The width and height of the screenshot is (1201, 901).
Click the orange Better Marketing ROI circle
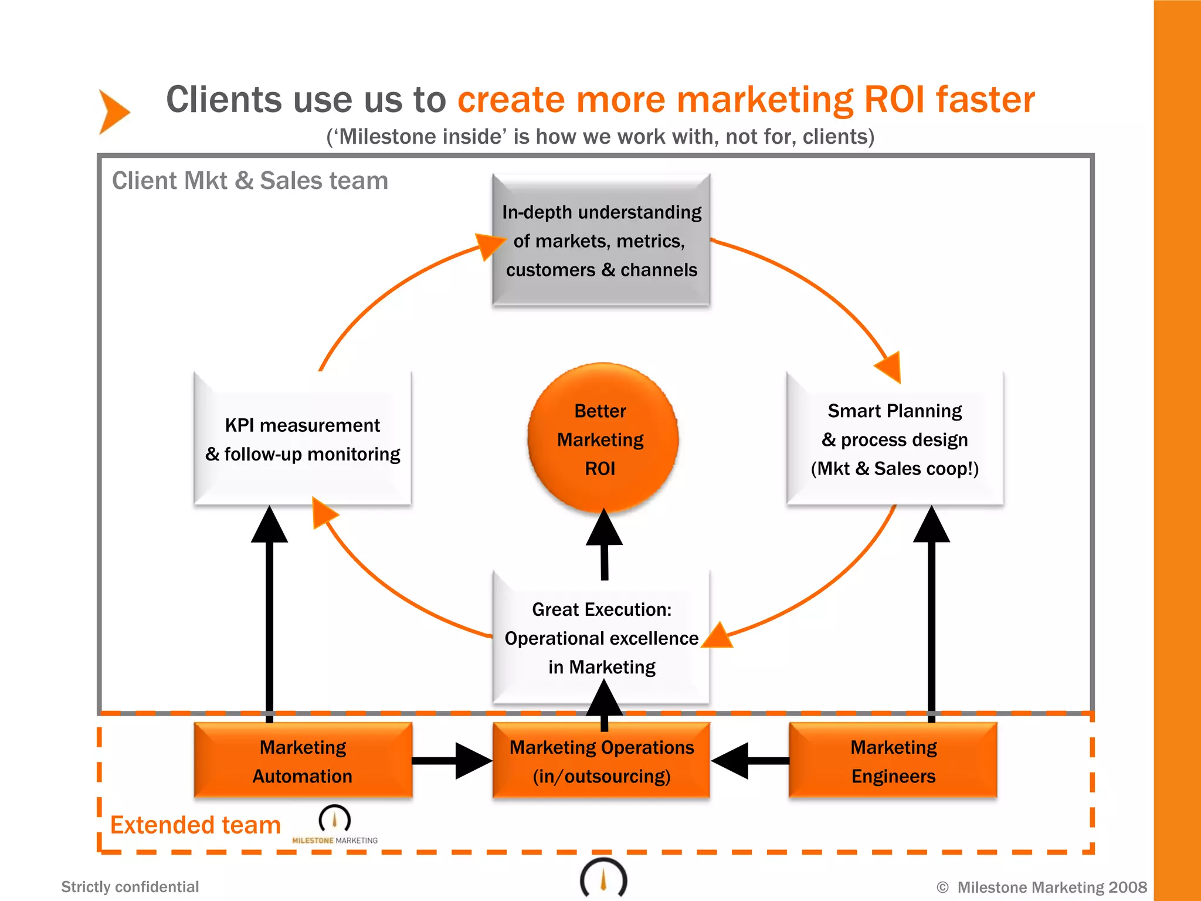click(x=602, y=439)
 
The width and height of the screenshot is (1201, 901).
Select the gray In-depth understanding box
click(x=601, y=241)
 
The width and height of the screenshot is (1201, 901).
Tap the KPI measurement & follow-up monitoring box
click(x=303, y=439)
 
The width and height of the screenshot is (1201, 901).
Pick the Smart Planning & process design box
click(x=894, y=439)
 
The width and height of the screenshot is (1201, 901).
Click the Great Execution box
click(x=601, y=638)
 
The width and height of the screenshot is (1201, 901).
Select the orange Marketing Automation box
click(x=303, y=761)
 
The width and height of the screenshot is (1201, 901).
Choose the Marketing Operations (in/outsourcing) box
click(x=601, y=761)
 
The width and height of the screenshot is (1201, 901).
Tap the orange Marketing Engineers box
click(x=893, y=761)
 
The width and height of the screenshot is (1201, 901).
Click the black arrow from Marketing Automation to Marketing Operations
click(x=452, y=761)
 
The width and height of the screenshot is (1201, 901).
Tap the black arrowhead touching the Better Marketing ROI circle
click(x=604, y=528)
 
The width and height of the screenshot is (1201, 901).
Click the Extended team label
click(x=195, y=825)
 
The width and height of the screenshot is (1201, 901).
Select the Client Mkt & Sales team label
click(x=250, y=181)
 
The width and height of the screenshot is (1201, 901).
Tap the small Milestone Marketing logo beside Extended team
click(x=335, y=825)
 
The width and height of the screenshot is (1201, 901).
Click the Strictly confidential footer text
click(x=130, y=886)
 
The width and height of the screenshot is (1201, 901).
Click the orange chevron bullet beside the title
click(x=114, y=111)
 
